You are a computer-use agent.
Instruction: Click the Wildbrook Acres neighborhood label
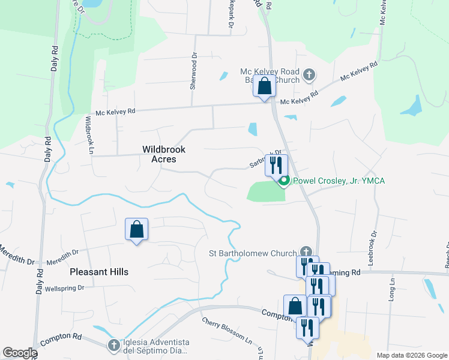[x=164, y=154]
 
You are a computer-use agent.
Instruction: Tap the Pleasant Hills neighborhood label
[x=99, y=272]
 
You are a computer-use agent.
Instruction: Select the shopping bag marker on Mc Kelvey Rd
[x=264, y=86]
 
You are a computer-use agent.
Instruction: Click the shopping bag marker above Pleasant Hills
[x=136, y=229]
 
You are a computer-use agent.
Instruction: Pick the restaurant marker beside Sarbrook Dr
[x=276, y=165]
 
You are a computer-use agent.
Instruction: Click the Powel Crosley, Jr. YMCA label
[x=338, y=181]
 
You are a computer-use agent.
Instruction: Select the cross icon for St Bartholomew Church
[x=306, y=252]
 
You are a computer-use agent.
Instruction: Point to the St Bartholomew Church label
[x=253, y=253]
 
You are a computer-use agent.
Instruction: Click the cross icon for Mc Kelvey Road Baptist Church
[x=309, y=75]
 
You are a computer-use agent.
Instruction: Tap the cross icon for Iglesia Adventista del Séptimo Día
[x=114, y=345]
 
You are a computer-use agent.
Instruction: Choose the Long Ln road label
[x=392, y=294]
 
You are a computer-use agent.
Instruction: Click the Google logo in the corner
[x=20, y=353]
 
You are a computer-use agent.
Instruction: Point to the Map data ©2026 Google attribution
[x=412, y=355]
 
